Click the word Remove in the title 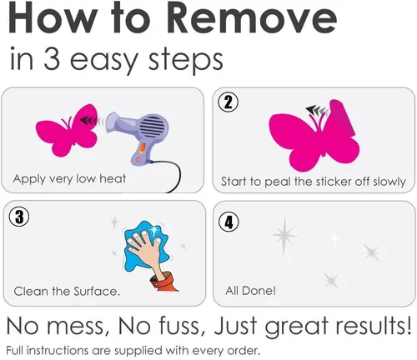[252, 17]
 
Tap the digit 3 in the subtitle [52, 58]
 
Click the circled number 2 [228, 102]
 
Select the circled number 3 [19, 217]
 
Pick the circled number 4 [229, 222]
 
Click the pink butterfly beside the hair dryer [68, 129]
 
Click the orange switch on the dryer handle [142, 148]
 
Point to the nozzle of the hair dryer [113, 122]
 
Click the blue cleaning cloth [146, 246]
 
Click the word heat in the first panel [113, 178]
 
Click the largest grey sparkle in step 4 [284, 236]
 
